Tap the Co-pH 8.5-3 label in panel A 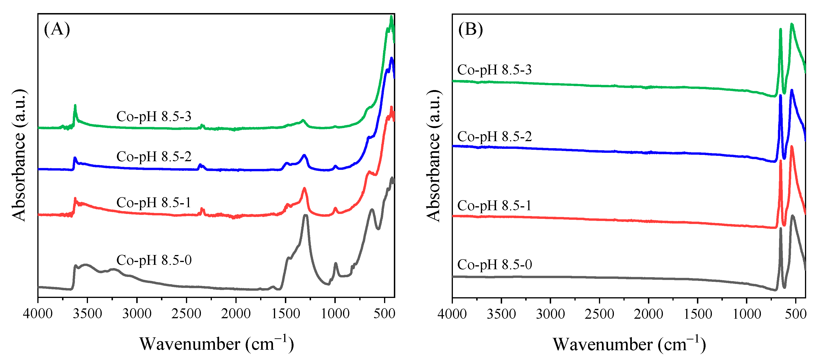click(154, 116)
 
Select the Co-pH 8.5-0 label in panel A click(154, 260)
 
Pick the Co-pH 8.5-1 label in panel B click(494, 206)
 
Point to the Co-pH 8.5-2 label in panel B click(494, 137)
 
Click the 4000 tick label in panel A click(38, 314)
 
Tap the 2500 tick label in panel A click(186, 314)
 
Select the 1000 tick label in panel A click(335, 314)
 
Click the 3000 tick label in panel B click(550, 314)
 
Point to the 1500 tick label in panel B click(698, 314)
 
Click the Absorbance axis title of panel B click(434, 156)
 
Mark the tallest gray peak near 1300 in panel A click(306, 216)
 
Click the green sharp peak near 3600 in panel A click(75, 106)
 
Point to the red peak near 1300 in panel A click(304, 189)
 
